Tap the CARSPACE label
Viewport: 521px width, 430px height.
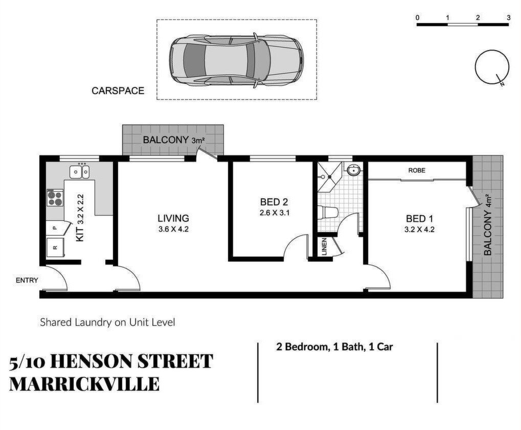point(118,90)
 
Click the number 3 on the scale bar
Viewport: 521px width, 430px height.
point(508,17)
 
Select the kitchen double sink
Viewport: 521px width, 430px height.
point(79,171)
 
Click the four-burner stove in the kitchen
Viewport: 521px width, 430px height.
point(55,198)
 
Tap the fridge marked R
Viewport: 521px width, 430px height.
point(55,247)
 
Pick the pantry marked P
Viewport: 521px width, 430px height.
point(58,228)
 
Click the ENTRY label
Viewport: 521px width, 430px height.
point(27,281)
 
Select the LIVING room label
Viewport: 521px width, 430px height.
point(173,218)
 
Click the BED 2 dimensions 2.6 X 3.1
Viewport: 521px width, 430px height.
point(274,213)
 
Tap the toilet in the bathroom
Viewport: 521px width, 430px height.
point(328,212)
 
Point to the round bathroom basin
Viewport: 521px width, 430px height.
point(354,170)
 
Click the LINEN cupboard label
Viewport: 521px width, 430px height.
point(324,246)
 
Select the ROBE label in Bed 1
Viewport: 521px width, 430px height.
point(417,170)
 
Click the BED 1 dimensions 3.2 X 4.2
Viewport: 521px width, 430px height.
point(419,229)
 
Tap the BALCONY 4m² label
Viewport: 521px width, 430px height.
point(487,224)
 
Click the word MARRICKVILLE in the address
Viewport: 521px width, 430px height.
point(84,384)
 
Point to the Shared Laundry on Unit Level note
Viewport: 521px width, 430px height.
point(107,322)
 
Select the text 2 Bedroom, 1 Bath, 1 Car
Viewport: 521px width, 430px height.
point(334,347)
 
